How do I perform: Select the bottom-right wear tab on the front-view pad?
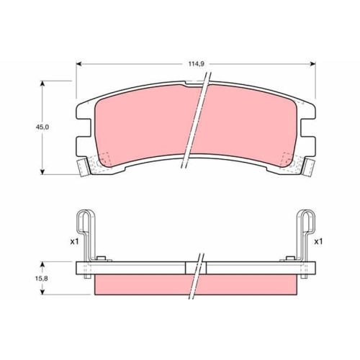pyautogui.click(x=308, y=168)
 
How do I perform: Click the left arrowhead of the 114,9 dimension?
pyautogui.click(x=78, y=64)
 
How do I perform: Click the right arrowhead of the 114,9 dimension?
pyautogui.click(x=314, y=64)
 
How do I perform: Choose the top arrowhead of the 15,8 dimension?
pyautogui.click(x=45, y=264)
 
